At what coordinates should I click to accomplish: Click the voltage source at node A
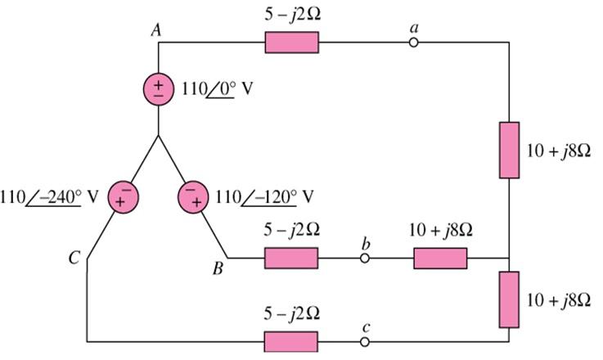[x=158, y=88]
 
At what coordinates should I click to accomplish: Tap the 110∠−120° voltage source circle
[x=193, y=197]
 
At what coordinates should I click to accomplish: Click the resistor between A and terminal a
[x=291, y=43]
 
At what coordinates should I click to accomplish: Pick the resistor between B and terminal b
[x=290, y=259]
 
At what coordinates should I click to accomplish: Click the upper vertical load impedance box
[x=509, y=150]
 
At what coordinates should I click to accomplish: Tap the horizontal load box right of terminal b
[x=440, y=259]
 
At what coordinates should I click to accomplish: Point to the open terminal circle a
[x=414, y=43]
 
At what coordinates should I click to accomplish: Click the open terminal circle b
[x=365, y=259]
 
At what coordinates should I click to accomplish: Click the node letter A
[x=155, y=29]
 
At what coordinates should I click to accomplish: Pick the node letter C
[x=74, y=259]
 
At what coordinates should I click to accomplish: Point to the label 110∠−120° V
[x=264, y=197]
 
